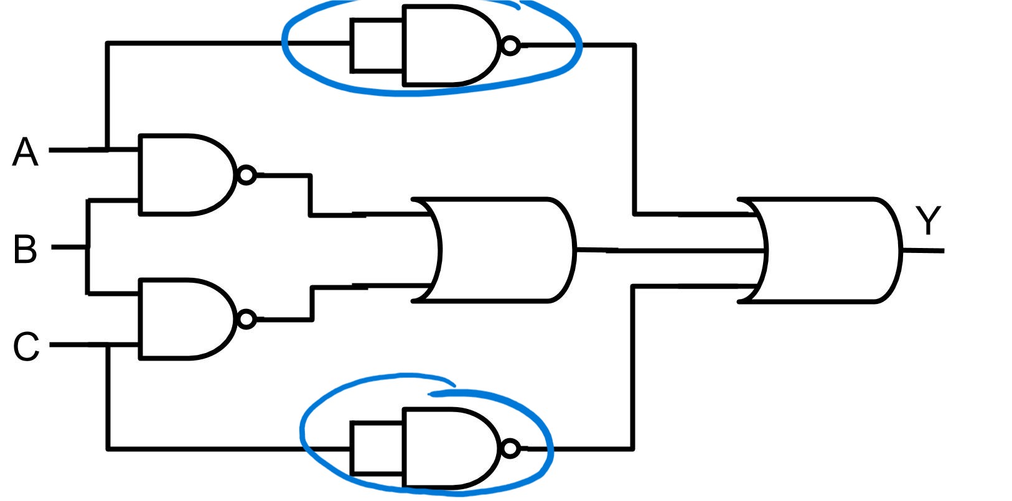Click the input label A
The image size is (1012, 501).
pos(25,152)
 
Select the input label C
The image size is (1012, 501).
pos(26,347)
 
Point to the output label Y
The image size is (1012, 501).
pos(928,220)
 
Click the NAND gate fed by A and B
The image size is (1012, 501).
pos(184,175)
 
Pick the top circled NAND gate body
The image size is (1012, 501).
pos(448,45)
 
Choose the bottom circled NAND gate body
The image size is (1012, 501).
pos(448,448)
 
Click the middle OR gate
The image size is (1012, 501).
pos(498,250)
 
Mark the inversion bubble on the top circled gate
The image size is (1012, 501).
pos(510,45)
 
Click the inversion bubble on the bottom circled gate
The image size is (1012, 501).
pos(510,448)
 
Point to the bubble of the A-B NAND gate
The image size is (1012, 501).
pos(246,175)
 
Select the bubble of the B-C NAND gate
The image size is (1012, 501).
pos(246,319)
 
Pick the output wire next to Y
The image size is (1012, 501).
pos(924,251)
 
